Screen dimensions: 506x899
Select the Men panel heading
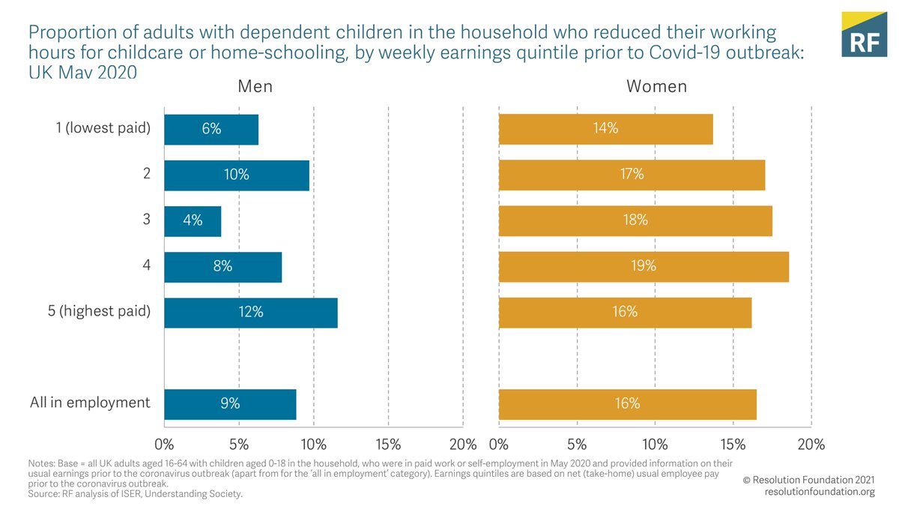pyautogui.click(x=255, y=86)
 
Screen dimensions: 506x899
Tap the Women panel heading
pyautogui.click(x=656, y=86)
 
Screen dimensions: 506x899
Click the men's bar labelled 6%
pyautogui.click(x=211, y=129)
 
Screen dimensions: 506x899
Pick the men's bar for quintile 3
pyautogui.click(x=193, y=221)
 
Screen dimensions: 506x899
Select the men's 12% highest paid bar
pyautogui.click(x=251, y=313)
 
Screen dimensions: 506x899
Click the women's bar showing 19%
pyautogui.click(x=644, y=267)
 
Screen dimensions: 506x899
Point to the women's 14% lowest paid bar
pyautogui.click(x=605, y=129)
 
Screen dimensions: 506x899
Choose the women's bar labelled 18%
pyautogui.click(x=635, y=221)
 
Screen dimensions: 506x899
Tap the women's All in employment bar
pyautogui.click(x=628, y=404)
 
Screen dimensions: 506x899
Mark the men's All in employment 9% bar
pyautogui.click(x=230, y=404)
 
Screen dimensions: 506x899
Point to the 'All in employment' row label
pyautogui.click(x=90, y=403)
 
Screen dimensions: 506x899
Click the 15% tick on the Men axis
pyautogui.click(x=388, y=444)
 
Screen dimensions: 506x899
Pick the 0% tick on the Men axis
pyautogui.click(x=164, y=444)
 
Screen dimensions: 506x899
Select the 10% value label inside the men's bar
pyautogui.click(x=237, y=175)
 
